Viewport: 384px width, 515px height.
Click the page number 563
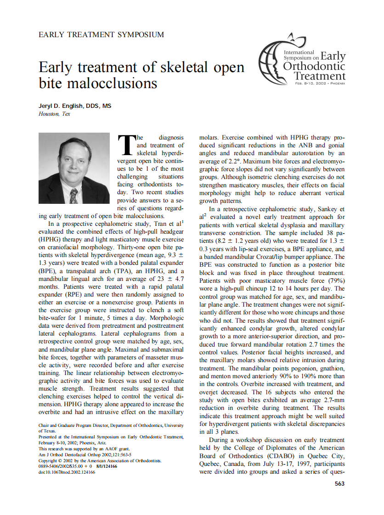(x=339, y=484)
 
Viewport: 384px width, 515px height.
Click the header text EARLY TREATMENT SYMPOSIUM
(x=101, y=34)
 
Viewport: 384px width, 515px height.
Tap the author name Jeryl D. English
(x=74, y=106)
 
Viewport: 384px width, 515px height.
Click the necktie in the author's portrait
(x=73, y=196)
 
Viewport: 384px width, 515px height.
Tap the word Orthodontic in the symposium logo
(x=315, y=67)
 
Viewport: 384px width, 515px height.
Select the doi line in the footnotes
(x=67, y=472)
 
